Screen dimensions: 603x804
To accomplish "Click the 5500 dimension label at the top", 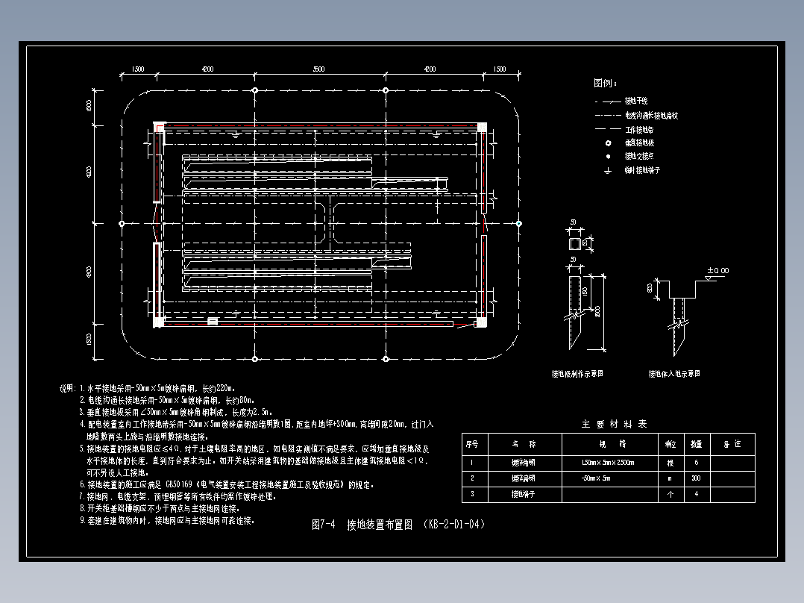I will pyautogui.click(x=319, y=69).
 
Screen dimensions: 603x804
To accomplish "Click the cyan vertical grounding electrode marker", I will pyautogui.click(x=519, y=223).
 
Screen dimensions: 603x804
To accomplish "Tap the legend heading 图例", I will pyautogui.click(x=605, y=83).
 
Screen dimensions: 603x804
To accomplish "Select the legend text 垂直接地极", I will pyautogui.click(x=639, y=143).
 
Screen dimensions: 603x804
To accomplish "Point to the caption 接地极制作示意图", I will pyautogui.click(x=577, y=373).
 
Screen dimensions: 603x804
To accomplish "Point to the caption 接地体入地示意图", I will pyautogui.click(x=674, y=373).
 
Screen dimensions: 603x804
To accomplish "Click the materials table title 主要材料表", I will pyautogui.click(x=614, y=424).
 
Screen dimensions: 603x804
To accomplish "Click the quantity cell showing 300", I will pyautogui.click(x=696, y=478).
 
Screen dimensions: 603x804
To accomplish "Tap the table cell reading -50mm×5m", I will pyautogui.click(x=596, y=478).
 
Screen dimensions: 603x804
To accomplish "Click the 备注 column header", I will pyautogui.click(x=732, y=443).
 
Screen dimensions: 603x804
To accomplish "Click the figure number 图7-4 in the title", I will pyautogui.click(x=324, y=525).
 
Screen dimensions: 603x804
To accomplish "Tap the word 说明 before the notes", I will pyautogui.click(x=66, y=389).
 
